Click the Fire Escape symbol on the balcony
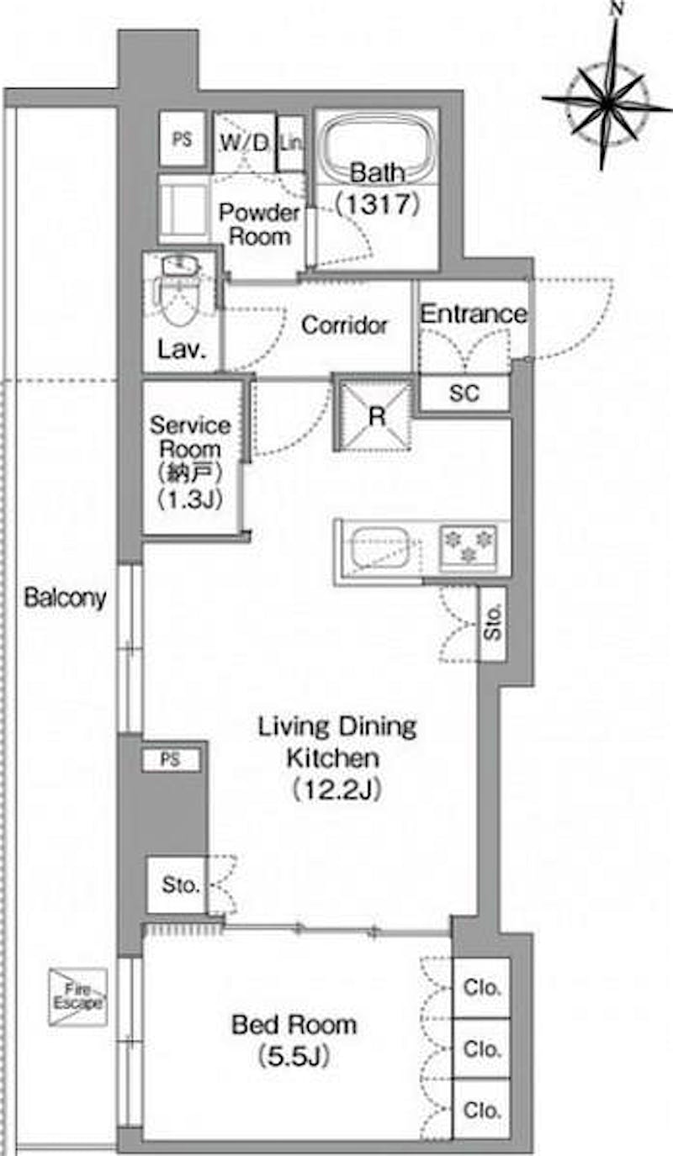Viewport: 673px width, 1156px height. tap(78, 996)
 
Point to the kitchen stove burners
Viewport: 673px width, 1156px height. tap(468, 546)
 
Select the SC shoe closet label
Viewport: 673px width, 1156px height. tap(464, 393)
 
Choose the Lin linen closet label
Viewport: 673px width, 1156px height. tap(291, 142)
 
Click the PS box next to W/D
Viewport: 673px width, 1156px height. tap(182, 140)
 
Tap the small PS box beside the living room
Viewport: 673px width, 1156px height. tap(171, 759)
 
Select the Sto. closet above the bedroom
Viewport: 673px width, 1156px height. tap(178, 885)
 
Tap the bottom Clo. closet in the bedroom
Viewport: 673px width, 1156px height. tap(481, 1109)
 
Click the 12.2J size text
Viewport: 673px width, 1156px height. tap(336, 789)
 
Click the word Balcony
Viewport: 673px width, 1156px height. tap(66, 598)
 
